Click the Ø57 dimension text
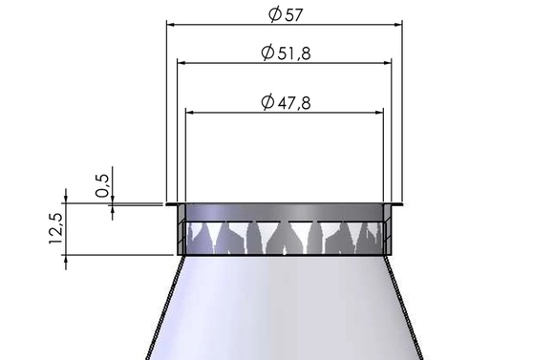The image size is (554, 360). [x=285, y=14]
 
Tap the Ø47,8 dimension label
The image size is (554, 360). [x=285, y=102]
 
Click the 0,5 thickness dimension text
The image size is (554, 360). [x=103, y=181]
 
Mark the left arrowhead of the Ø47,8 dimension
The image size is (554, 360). [x=192, y=112]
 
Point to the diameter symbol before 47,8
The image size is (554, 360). [x=266, y=102]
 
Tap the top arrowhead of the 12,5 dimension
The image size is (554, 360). [x=66, y=207]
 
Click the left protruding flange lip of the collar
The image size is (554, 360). [x=171, y=204]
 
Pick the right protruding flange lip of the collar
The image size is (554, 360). [x=397, y=204]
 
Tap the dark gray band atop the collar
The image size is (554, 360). [x=285, y=212]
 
